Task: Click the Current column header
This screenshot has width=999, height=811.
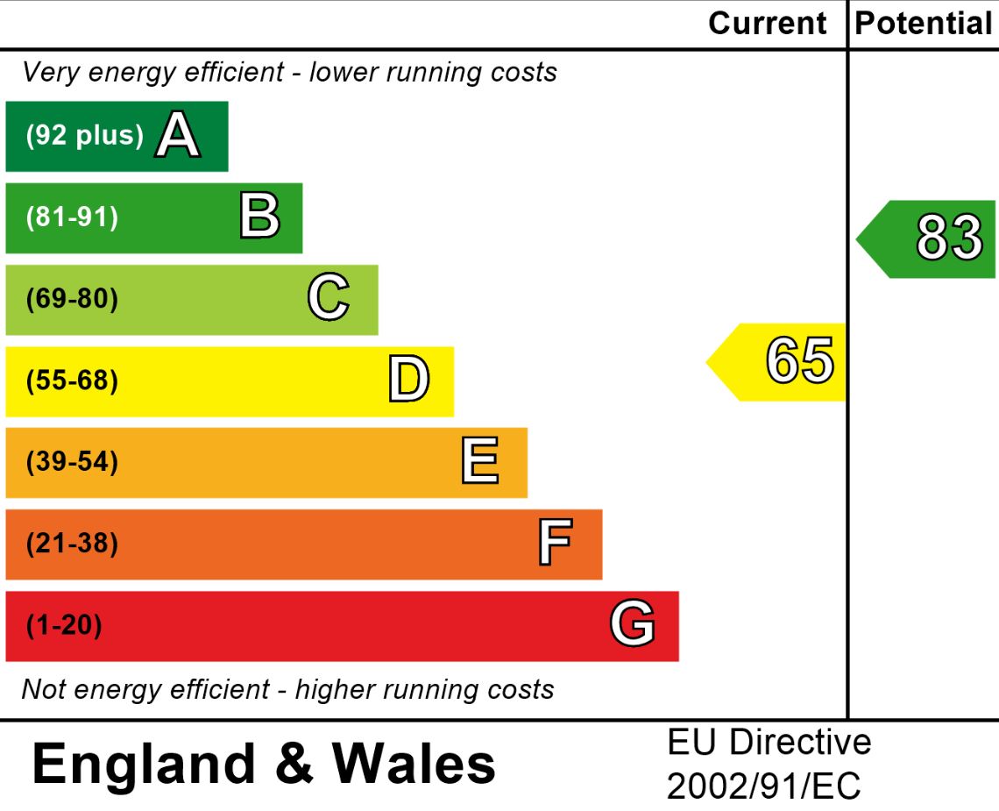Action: [x=767, y=24]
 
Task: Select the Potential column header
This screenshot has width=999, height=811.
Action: [x=923, y=24]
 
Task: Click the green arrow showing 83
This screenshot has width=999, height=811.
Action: [x=929, y=238]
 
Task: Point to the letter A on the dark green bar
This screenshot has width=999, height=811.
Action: [x=178, y=136]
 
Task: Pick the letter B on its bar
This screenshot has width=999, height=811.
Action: [x=259, y=217]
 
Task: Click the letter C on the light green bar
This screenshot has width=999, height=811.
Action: [x=329, y=298]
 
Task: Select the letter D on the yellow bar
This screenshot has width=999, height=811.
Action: [x=409, y=381]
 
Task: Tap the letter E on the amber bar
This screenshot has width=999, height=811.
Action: [x=480, y=462]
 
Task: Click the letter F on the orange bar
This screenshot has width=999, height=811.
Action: [x=555, y=544]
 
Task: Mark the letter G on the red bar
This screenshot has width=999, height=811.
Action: [x=633, y=625]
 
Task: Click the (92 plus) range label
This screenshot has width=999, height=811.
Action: [x=85, y=136]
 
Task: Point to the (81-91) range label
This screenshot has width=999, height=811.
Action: [x=72, y=217]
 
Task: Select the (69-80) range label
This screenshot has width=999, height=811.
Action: [x=72, y=299]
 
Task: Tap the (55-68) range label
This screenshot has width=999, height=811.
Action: [x=72, y=381]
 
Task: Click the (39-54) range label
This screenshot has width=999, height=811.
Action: [x=72, y=462]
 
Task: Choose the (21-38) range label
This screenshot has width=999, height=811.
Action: [x=72, y=544]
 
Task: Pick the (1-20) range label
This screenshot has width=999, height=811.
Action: [x=64, y=626]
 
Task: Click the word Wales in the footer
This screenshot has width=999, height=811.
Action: [x=414, y=763]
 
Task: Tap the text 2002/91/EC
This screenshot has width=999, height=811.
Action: [x=763, y=786]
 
